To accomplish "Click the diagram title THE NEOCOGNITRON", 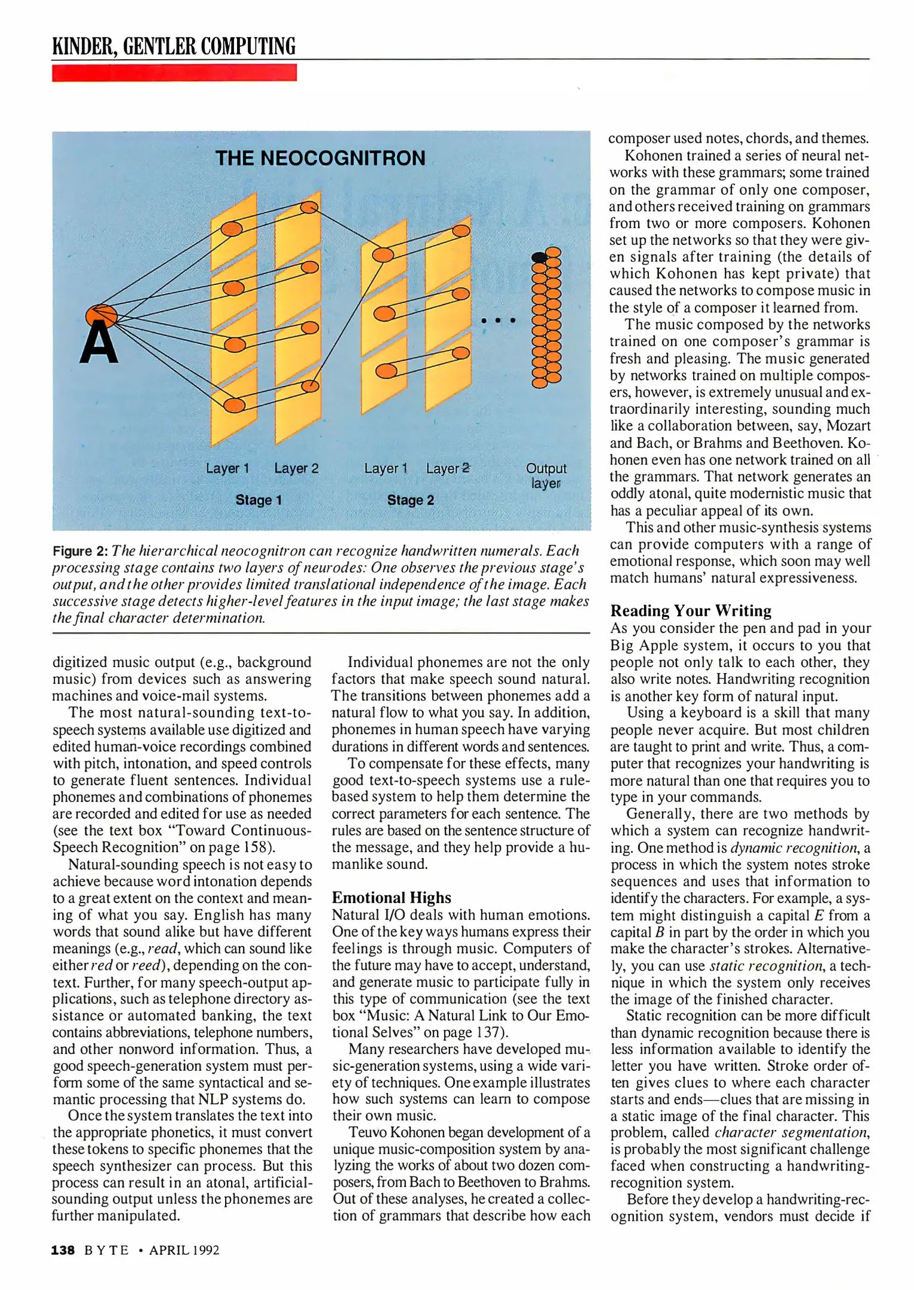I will (320, 158).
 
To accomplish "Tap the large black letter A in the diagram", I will (99, 343).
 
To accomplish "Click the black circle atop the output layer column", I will (539, 257).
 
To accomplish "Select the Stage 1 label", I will (258, 500).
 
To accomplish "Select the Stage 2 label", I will (410, 500).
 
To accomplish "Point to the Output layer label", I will (546, 475).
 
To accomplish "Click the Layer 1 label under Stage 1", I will (227, 468).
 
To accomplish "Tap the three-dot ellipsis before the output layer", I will (498, 321).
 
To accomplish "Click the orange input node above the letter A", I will (101, 315).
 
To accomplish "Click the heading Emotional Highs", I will (391, 898).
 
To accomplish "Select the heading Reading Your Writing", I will (690, 610).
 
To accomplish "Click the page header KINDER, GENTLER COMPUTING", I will (174, 46).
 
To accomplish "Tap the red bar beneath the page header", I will (174, 73).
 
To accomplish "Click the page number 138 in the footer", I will (63, 1250).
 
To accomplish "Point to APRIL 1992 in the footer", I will (184, 1250).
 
